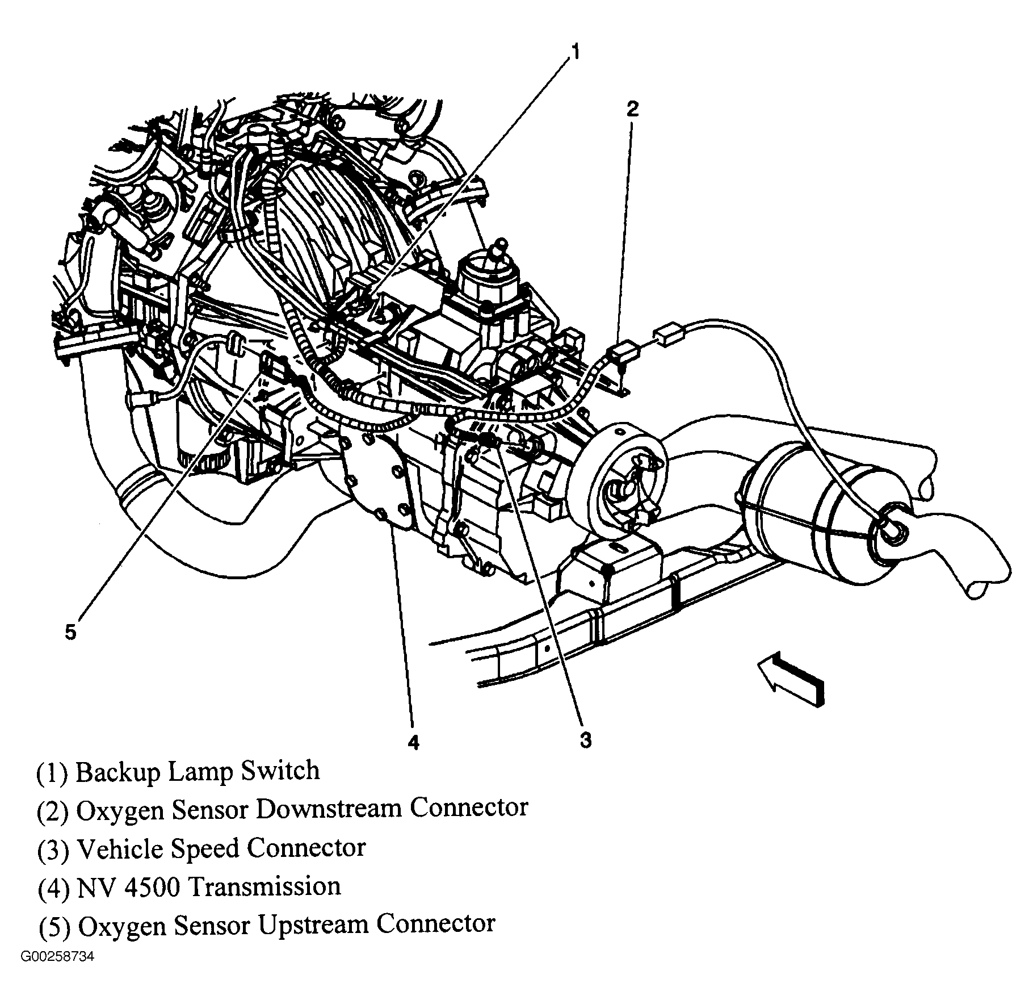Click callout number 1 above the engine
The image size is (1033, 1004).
click(574, 53)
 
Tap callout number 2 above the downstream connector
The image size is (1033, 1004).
click(632, 108)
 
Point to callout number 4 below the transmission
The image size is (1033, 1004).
click(413, 742)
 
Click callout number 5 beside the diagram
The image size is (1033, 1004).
click(70, 632)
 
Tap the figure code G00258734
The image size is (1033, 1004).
click(57, 957)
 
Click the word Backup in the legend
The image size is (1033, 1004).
click(117, 772)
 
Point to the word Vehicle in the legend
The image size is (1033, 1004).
click(120, 848)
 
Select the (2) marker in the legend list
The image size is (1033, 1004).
click(52, 810)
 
